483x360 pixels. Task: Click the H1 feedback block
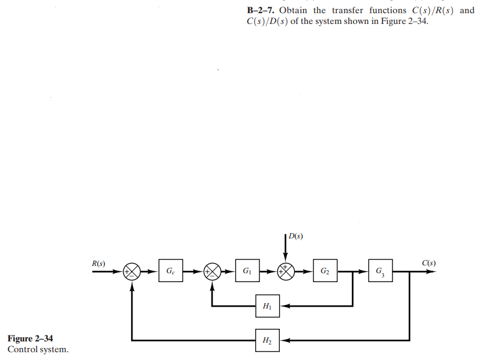pos(267,306)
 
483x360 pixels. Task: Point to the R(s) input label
pos(98,263)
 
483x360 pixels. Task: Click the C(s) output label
pos(428,263)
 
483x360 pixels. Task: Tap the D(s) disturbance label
pos(295,235)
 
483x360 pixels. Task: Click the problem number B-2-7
pos(261,11)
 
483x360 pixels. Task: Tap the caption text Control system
pos(37,349)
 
